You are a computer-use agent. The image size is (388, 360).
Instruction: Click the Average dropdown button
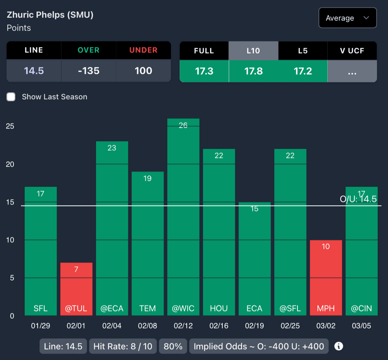pos(347,18)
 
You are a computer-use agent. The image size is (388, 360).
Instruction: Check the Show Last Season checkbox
pos(11,97)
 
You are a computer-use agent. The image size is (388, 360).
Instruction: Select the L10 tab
pos(253,51)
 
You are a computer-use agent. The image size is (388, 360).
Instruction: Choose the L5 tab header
pos(303,51)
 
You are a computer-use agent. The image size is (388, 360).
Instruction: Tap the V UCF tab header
pos(352,51)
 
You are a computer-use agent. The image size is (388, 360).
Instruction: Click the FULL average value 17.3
pos(204,71)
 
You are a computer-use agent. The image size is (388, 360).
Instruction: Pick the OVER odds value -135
pos(89,71)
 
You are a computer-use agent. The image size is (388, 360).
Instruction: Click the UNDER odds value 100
pos(143,71)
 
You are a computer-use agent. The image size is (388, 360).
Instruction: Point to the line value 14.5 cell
pos(34,71)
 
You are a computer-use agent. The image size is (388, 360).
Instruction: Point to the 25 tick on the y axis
pos(10,126)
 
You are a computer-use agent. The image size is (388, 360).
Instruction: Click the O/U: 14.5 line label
pos(358,199)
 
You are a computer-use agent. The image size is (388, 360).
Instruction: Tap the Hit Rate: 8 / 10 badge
pos(123,346)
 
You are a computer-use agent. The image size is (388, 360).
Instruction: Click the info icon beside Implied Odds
pos(339,346)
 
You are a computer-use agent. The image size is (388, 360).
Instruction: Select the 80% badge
pos(173,346)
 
